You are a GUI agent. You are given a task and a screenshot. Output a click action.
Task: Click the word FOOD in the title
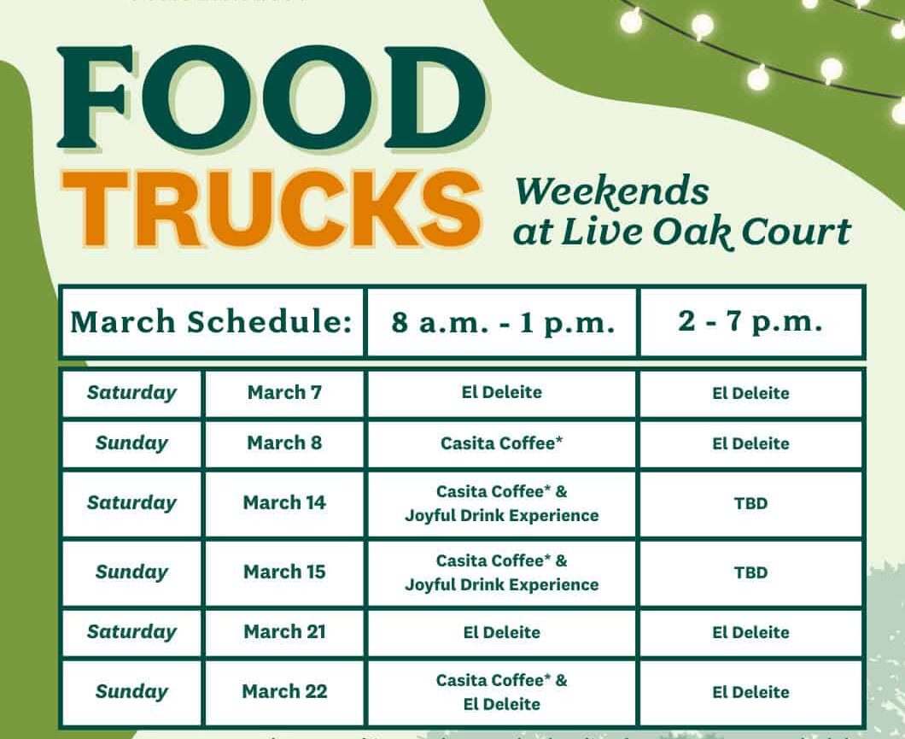[271, 99]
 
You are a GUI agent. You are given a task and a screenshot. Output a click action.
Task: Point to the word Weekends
[612, 192]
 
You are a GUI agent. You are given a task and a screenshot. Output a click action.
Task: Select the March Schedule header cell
[212, 323]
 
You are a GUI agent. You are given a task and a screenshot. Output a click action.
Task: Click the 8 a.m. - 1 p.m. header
[503, 323]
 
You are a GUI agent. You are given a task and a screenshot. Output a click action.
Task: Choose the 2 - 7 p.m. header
[750, 322]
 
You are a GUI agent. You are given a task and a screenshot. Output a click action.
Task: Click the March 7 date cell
[284, 393]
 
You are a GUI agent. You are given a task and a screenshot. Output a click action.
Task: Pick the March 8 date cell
[284, 443]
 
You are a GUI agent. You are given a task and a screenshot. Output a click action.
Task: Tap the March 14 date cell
[284, 503]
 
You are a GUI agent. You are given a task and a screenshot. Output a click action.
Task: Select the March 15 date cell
[284, 572]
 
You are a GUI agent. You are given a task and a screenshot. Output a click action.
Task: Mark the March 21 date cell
[284, 632]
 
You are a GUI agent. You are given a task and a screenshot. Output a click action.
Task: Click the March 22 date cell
[284, 692]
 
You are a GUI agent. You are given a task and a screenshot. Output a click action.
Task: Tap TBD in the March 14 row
[750, 503]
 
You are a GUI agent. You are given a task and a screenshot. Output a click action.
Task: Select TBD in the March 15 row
[750, 572]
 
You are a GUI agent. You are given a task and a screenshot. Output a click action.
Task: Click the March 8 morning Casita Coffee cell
[502, 443]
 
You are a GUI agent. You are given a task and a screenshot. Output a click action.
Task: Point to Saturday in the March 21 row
[131, 632]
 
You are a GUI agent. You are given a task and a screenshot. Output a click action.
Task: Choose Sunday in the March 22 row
[131, 692]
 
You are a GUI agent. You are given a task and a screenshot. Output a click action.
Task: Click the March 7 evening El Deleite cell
[750, 394]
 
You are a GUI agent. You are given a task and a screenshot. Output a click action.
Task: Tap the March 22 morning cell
[502, 692]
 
